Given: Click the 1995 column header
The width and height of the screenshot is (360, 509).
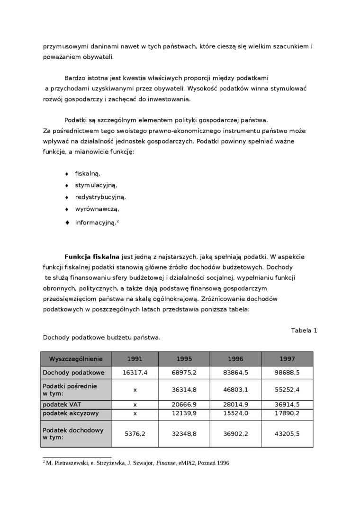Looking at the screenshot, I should click(x=184, y=359).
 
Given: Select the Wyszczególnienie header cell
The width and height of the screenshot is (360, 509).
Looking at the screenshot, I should click(x=76, y=359).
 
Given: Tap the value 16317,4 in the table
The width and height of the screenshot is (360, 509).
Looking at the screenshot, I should click(x=135, y=373).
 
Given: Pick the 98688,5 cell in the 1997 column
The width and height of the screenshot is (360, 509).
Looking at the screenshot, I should click(x=287, y=373).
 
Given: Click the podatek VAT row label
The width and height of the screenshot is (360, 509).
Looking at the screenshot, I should click(x=62, y=405).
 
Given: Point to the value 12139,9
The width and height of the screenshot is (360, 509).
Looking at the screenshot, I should click(x=184, y=413).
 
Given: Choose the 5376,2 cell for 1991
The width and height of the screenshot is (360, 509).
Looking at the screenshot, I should click(x=135, y=433).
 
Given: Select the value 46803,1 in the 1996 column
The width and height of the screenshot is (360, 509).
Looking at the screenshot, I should click(x=235, y=390).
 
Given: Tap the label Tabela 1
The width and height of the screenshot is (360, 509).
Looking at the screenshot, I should click(x=304, y=330).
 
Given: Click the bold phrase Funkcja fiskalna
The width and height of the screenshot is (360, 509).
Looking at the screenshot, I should click(x=92, y=257).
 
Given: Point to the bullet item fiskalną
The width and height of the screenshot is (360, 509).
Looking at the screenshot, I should click(x=88, y=173).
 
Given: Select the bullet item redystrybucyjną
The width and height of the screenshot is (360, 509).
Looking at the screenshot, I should click(x=100, y=197).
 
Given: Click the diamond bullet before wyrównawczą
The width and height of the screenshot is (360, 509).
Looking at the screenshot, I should click(x=67, y=209).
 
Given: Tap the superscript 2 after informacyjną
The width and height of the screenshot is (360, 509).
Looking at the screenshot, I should click(x=117, y=221).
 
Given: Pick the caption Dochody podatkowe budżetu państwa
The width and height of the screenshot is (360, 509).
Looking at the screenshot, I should click(x=101, y=338).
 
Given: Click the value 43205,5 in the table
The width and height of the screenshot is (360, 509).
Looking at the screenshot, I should click(x=287, y=433).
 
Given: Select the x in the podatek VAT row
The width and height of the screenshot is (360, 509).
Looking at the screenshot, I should click(x=135, y=405).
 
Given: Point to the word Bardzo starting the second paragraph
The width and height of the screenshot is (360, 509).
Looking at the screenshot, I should click(x=74, y=78).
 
